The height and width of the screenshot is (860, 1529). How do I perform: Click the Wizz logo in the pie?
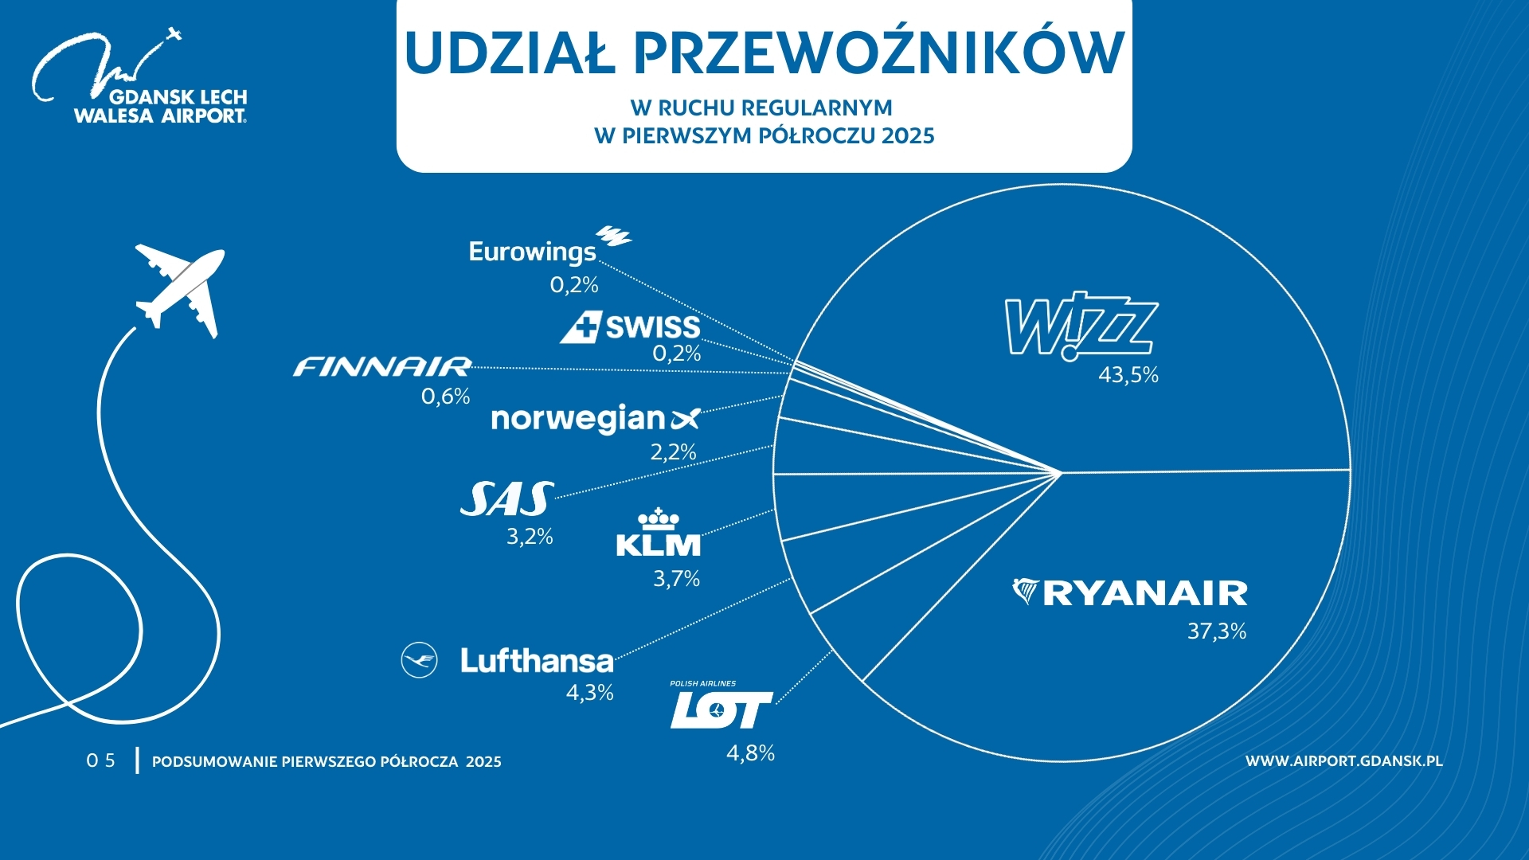[1081, 326]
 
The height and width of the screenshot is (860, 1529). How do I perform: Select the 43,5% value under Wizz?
[1128, 375]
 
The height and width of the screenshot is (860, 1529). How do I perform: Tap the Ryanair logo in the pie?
[1130, 592]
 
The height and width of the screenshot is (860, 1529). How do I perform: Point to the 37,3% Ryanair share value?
[1216, 631]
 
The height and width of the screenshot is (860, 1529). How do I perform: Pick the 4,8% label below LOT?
[750, 753]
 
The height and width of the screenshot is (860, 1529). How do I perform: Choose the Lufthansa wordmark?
[537, 661]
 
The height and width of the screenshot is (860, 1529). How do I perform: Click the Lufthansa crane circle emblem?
[419, 660]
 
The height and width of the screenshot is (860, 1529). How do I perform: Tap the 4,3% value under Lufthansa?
[589, 693]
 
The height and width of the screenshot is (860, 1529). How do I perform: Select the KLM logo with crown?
[659, 532]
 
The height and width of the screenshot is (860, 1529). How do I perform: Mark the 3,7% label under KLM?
[676, 579]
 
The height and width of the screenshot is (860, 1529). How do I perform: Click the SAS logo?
[507, 499]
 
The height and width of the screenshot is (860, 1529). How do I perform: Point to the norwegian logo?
[595, 419]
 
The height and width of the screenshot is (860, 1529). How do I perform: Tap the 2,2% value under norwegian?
[673, 452]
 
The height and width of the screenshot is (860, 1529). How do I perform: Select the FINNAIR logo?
[382, 366]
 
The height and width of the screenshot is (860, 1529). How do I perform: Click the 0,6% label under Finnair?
[445, 397]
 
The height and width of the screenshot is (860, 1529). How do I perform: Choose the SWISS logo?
[630, 326]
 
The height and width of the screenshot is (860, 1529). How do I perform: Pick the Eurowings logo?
[549, 247]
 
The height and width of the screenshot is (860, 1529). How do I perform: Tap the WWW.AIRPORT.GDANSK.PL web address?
[1343, 761]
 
